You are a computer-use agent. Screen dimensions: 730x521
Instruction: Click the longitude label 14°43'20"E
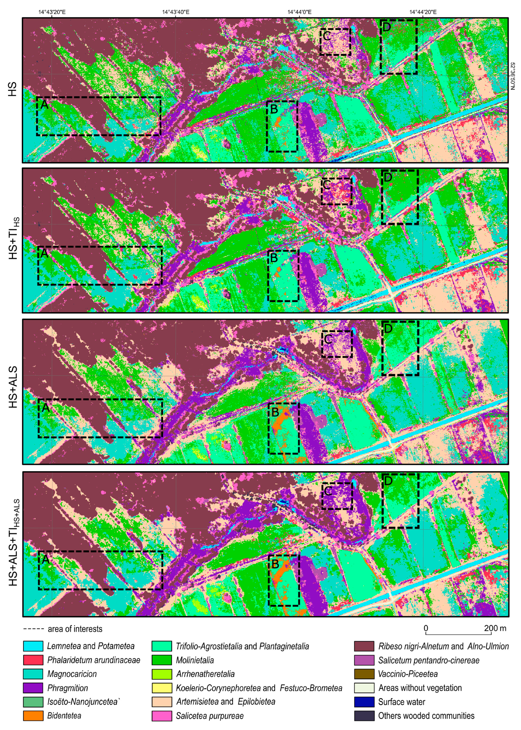coord(52,12)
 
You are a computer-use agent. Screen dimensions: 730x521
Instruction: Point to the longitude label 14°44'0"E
coord(299,12)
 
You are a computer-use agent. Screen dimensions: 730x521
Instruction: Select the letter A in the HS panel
coord(44,104)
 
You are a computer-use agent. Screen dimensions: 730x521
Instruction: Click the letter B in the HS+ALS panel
coord(275,411)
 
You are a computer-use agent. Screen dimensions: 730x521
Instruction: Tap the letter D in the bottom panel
coord(388,481)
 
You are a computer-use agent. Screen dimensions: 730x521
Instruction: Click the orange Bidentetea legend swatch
coord(33,716)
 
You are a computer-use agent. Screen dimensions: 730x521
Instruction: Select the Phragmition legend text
coord(67,688)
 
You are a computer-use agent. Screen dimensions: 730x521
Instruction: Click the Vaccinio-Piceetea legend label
coord(408,674)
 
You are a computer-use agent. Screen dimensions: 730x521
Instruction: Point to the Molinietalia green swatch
coord(162,660)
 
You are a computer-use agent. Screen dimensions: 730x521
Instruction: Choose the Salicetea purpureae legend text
coord(210,716)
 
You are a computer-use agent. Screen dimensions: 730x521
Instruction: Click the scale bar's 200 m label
coord(495,628)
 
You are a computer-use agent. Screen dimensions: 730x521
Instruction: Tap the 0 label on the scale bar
coord(426,628)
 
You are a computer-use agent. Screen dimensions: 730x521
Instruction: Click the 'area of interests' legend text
coord(75,629)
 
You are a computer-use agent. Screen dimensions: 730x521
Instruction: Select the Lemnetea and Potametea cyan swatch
coord(33,646)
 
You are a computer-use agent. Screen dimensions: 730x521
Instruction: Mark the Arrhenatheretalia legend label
coord(205,674)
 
